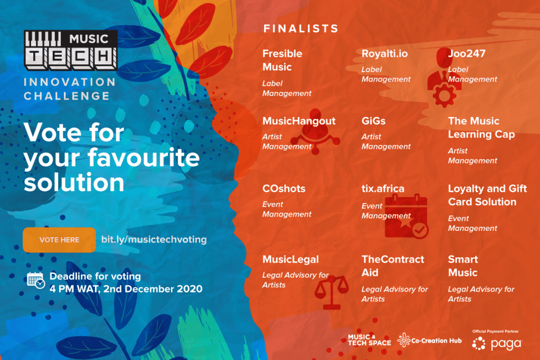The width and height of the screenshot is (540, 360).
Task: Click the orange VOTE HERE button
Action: click(59, 240)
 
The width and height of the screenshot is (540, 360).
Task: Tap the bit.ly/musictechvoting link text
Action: click(154, 239)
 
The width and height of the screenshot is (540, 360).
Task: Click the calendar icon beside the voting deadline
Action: click(36, 280)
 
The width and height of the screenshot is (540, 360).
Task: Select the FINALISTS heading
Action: click(301, 28)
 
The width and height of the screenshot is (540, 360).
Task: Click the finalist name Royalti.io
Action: click(384, 54)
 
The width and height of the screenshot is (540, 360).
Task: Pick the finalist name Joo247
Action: click(467, 54)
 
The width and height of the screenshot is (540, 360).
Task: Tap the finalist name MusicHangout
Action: click(299, 121)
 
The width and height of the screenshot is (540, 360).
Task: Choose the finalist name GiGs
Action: click(373, 121)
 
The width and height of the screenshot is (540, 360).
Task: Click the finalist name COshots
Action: click(284, 189)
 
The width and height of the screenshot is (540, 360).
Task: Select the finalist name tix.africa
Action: click(383, 189)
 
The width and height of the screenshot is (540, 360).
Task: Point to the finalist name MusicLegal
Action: click(291, 259)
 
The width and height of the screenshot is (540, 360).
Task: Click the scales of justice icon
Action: click(331, 293)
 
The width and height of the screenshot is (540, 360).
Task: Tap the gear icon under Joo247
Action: click(444, 95)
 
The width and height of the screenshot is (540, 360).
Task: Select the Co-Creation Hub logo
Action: click(429, 340)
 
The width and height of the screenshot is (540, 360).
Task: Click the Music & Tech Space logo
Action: click(369, 340)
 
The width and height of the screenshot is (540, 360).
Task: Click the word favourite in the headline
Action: click(143, 158)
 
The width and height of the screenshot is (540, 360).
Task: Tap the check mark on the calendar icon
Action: click(420, 230)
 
